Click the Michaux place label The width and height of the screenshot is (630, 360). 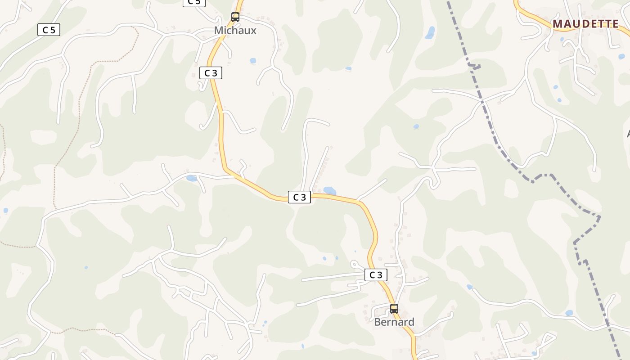pyautogui.click(x=235, y=31)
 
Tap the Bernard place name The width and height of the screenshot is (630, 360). pyautogui.click(x=394, y=322)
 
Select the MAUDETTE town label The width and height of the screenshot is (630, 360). pyautogui.click(x=585, y=24)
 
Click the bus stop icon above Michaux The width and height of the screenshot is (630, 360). pyautogui.click(x=235, y=17)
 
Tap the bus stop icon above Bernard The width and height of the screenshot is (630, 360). pyautogui.click(x=394, y=309)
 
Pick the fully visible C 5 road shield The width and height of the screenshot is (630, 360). pyautogui.click(x=49, y=30)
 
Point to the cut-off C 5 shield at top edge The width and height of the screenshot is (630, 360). pyautogui.click(x=194, y=2)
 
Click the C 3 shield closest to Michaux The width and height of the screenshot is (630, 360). pyautogui.click(x=211, y=73)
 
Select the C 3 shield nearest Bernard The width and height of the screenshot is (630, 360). pyautogui.click(x=376, y=275)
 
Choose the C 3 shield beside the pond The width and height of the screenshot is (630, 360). pyautogui.click(x=299, y=197)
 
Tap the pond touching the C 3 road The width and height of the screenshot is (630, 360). pyautogui.click(x=330, y=191)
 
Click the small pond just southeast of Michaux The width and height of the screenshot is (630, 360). pyautogui.click(x=253, y=60)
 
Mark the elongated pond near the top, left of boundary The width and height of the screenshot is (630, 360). pyautogui.click(x=430, y=32)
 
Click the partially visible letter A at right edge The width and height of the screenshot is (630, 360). pyautogui.click(x=628, y=134)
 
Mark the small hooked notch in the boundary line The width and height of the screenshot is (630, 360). pyautogui.click(x=475, y=67)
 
